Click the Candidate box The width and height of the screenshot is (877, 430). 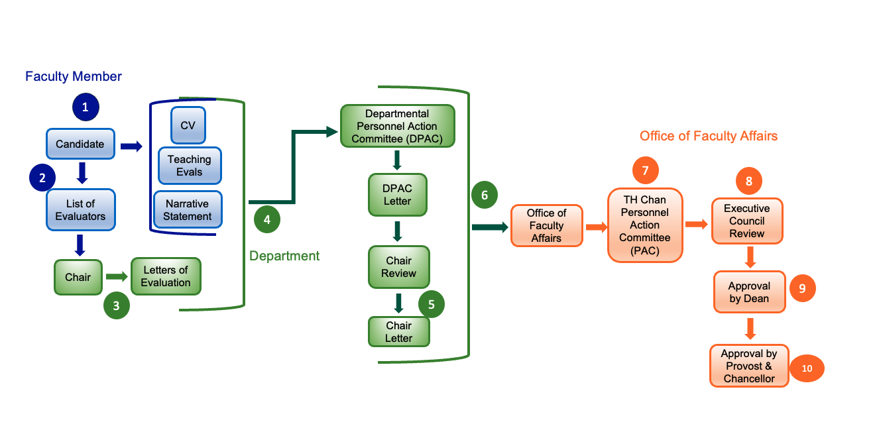(80, 144)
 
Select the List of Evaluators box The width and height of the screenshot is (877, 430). (80, 209)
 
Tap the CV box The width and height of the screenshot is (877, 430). (188, 125)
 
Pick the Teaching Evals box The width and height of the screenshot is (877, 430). (190, 166)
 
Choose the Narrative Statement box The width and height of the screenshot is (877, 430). (188, 210)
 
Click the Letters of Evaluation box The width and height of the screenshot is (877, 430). (166, 276)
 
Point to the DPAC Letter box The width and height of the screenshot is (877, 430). (397, 195)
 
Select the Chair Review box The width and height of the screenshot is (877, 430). (399, 267)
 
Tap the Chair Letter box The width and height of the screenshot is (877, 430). (399, 332)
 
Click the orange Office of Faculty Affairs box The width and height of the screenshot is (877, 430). (546, 226)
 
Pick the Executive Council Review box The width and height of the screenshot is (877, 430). (747, 221)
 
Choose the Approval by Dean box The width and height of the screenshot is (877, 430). (749, 292)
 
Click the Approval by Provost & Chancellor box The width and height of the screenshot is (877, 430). (749, 366)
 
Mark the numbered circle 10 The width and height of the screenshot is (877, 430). (807, 369)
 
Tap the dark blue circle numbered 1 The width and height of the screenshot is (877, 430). (86, 107)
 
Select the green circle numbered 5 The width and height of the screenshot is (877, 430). (432, 304)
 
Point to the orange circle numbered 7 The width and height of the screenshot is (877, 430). (645, 170)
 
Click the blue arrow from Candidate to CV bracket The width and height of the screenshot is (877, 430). (131, 146)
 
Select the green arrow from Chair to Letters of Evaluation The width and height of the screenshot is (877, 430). (116, 276)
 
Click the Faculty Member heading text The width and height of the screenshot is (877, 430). (74, 76)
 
